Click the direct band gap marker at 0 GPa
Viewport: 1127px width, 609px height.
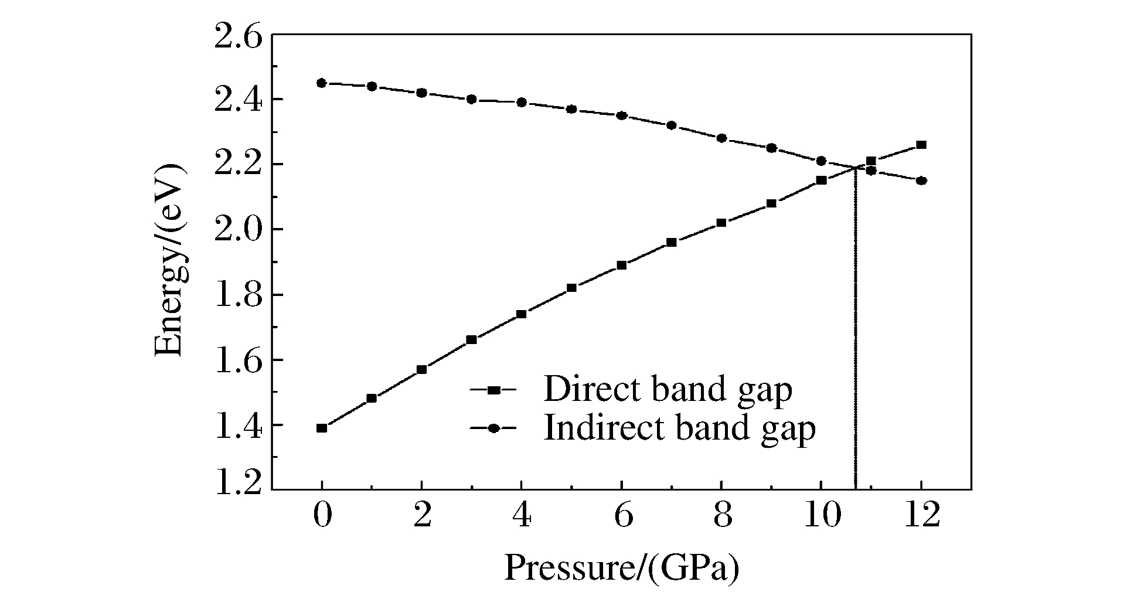(321, 428)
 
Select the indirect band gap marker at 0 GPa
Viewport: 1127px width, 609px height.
(321, 83)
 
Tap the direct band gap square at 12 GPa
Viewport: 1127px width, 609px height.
(921, 145)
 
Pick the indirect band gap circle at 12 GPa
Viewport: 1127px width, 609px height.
(921, 181)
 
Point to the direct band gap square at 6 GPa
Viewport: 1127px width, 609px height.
(621, 265)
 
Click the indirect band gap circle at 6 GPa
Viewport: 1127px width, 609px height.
(621, 115)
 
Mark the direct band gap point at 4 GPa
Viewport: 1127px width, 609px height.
(521, 314)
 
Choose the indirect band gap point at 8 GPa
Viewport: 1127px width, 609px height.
(721, 138)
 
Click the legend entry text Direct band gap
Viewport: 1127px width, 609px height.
(668, 390)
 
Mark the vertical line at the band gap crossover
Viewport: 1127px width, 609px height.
(855, 328)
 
